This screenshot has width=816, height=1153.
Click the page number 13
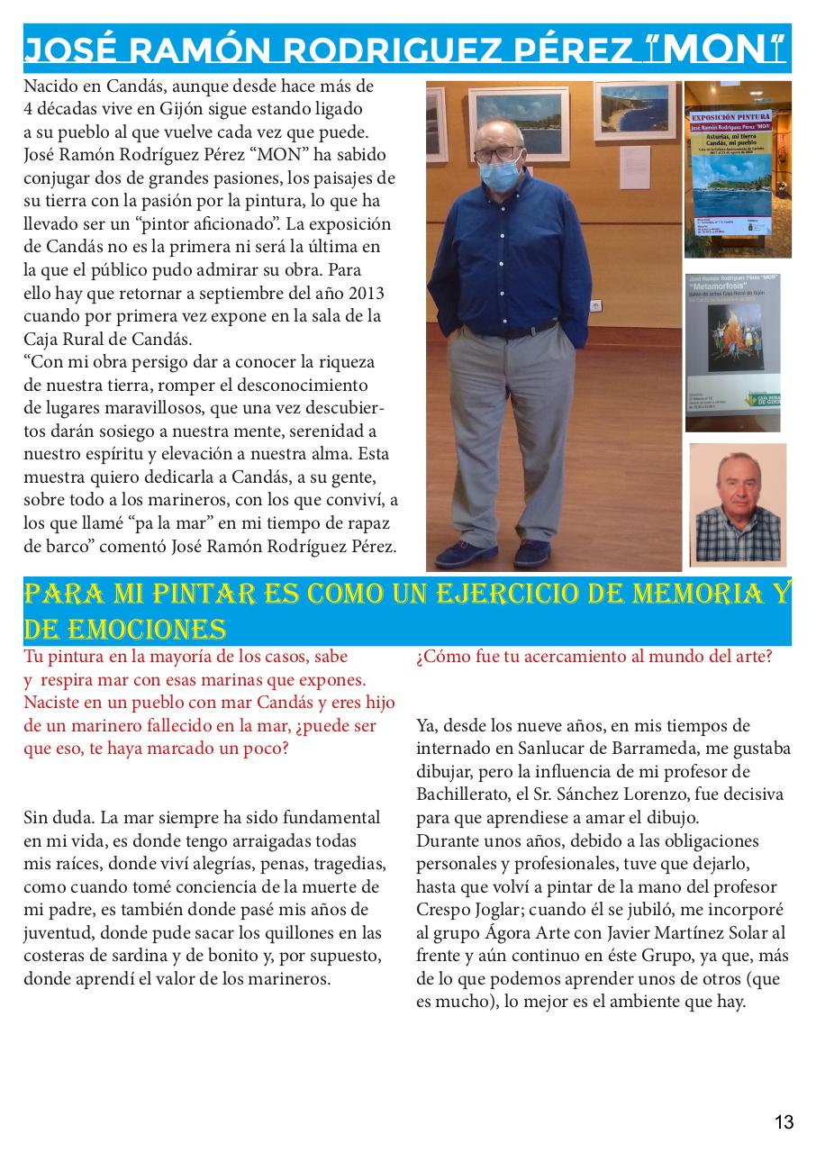pos(784,1121)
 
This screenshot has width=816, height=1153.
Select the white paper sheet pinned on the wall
pos(635,167)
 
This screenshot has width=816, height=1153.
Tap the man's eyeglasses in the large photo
pos(497,153)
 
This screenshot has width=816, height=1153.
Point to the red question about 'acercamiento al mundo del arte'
pos(594,657)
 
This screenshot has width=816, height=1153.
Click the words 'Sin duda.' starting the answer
pos(59,818)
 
